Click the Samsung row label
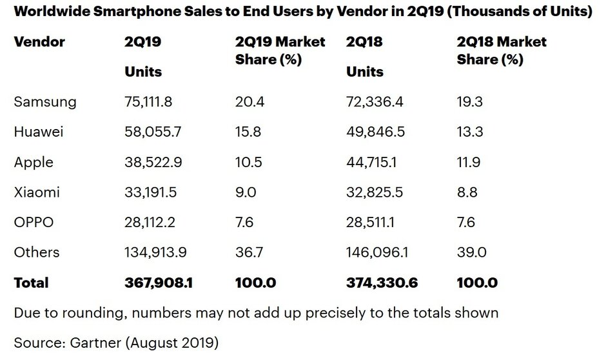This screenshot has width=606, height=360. coord(45,102)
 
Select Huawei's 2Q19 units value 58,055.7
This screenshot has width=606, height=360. coord(154,132)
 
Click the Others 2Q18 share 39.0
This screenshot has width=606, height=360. coord(471,252)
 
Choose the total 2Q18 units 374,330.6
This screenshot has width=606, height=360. coord(381,283)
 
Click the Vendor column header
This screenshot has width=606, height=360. coord(39,42)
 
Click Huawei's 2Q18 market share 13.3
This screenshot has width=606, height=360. coord(469,132)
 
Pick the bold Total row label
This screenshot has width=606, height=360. coord(31,283)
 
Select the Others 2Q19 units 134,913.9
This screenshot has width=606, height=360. coord(157,252)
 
